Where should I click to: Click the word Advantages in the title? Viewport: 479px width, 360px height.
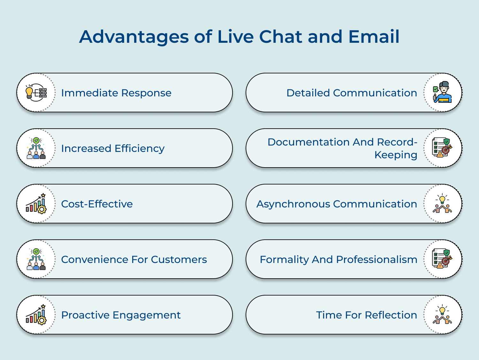point(134,37)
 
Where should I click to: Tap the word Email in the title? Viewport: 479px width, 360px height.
point(374,37)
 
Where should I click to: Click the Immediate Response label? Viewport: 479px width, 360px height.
point(116,93)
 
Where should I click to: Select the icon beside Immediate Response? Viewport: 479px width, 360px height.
point(36,93)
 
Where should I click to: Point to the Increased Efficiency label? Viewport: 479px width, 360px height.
point(113,148)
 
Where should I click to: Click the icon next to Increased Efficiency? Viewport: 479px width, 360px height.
point(36,148)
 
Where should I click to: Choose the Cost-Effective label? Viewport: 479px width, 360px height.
point(97,204)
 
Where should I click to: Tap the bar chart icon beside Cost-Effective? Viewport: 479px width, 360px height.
point(36,204)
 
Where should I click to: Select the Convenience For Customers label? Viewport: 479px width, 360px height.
point(134,259)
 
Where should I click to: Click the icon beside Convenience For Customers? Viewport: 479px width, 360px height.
point(36,259)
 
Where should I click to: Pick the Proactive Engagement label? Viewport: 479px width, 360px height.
point(121,315)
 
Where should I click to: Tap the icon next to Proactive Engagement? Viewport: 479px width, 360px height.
point(36,315)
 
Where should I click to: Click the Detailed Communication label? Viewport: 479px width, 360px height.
point(352,93)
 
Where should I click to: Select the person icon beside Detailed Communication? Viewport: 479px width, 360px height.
point(443,93)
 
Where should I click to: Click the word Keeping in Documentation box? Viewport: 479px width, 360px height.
point(396,155)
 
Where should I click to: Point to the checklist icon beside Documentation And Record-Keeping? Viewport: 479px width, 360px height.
point(442,148)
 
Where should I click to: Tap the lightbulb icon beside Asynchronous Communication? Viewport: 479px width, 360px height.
point(442,204)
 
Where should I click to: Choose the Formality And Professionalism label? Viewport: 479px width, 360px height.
point(338,259)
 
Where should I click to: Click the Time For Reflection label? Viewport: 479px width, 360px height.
point(366,315)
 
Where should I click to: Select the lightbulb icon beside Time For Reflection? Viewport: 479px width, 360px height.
point(442,315)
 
